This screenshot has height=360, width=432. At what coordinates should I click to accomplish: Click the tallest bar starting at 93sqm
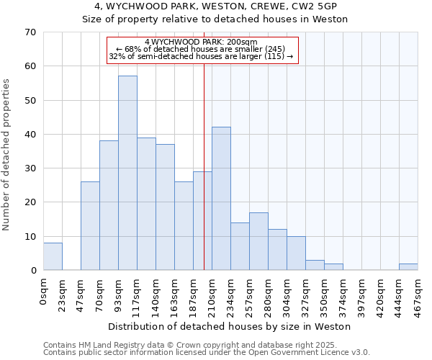click(x=127, y=173)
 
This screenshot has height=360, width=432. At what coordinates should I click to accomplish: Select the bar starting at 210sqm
click(x=221, y=199)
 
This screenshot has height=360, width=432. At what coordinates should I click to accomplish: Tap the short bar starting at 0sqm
click(x=53, y=256)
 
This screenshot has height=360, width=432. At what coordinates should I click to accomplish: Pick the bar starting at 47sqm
click(x=90, y=226)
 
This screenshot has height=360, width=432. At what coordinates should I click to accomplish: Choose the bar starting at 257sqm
click(x=258, y=241)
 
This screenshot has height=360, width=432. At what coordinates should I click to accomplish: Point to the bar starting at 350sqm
click(x=333, y=267)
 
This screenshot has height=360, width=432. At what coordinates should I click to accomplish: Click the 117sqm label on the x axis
click(x=138, y=294)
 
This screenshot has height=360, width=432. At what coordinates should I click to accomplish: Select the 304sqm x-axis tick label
click(x=287, y=294)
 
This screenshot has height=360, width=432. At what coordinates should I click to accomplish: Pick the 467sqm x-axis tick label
click(x=418, y=294)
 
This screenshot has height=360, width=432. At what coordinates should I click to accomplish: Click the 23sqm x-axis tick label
click(x=63, y=294)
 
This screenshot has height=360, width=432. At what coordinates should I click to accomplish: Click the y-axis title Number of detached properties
click(x=7, y=154)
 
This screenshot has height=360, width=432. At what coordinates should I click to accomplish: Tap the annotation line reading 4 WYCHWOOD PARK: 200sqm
click(x=202, y=42)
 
